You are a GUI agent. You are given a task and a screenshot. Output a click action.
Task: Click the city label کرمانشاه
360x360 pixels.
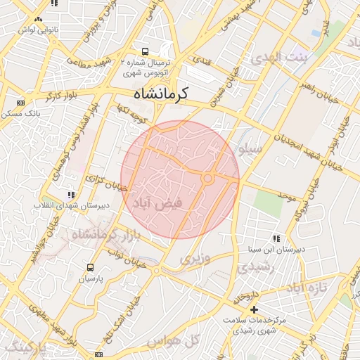coord(164,93)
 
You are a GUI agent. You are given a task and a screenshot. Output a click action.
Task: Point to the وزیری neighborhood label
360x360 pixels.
coord(195,259)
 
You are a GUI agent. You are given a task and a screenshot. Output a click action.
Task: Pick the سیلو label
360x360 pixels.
coord(251,149)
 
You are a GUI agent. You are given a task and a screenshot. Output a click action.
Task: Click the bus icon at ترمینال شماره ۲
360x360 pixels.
coord(146,51)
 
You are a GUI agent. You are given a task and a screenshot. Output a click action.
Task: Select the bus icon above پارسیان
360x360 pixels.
coord(90,268)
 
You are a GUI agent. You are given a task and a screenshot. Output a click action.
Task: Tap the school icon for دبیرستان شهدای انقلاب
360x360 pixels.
coord(70,195)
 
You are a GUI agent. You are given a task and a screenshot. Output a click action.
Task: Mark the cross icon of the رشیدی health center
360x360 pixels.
coord(254,309)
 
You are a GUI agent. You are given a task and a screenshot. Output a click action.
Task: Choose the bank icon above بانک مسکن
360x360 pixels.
coord(20,103)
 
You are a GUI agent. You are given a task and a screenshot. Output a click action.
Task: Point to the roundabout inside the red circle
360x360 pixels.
coord(207,179)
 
